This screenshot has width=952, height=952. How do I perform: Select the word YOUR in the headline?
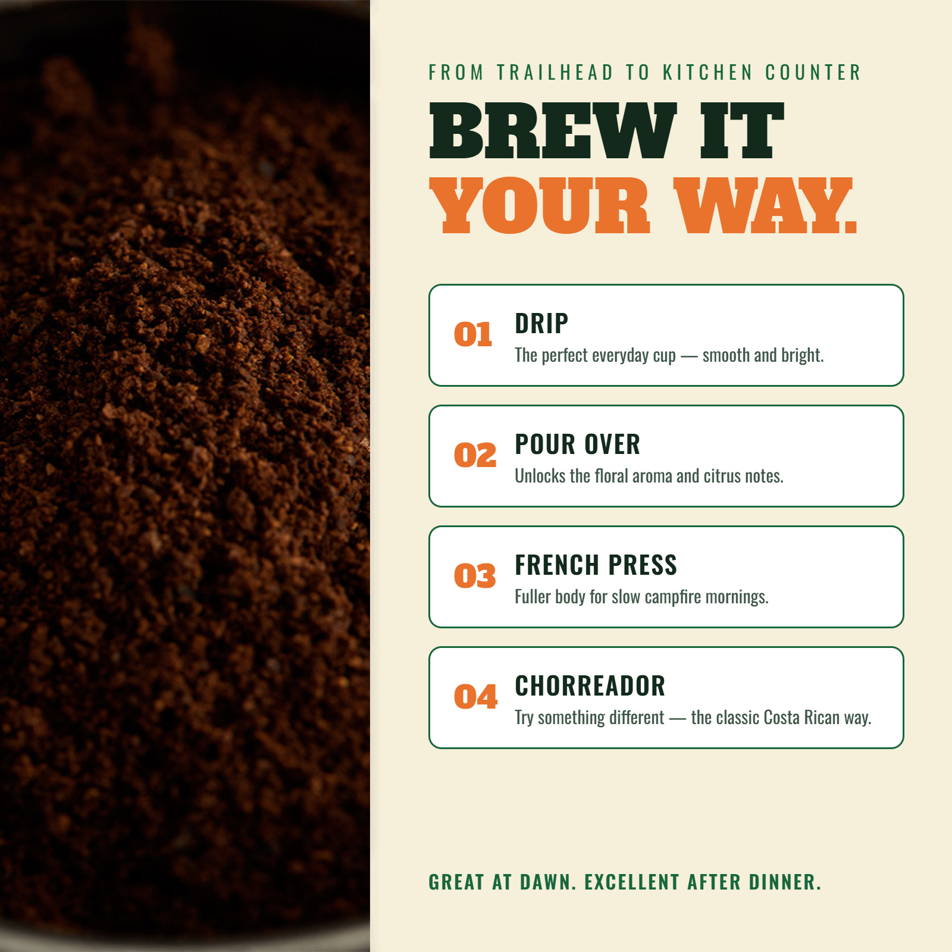tap(540, 205)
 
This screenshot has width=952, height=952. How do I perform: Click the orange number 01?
tap(473, 334)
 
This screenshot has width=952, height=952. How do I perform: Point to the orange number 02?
tap(475, 455)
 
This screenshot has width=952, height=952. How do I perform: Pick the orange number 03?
tap(475, 576)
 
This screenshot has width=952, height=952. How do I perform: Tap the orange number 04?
tap(475, 697)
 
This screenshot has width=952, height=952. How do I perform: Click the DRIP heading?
tap(541, 324)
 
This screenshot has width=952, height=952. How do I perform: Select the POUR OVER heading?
tap(577, 444)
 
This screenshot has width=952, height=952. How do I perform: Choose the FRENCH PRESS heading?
tap(596, 565)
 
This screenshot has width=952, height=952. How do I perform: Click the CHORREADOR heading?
tap(590, 686)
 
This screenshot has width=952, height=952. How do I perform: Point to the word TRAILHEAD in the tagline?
tap(555, 73)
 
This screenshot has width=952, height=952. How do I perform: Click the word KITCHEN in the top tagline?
tap(708, 73)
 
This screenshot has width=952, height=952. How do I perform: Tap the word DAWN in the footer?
tap(548, 882)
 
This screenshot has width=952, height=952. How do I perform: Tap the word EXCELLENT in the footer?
tap(632, 882)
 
